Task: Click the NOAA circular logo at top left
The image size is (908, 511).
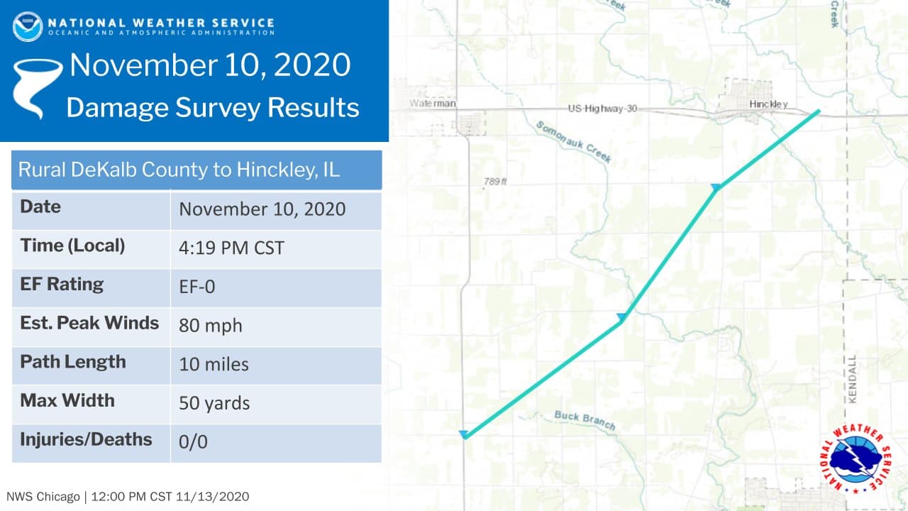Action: click(x=27, y=26)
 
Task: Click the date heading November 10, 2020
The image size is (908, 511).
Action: click(x=210, y=65)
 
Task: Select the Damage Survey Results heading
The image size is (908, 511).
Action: click(x=212, y=108)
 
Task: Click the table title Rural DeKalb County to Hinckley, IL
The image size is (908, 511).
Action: click(x=179, y=170)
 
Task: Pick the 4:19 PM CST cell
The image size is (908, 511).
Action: click(x=231, y=248)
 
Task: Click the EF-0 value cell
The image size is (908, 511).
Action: click(x=197, y=287)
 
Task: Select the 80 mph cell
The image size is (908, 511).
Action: click(x=211, y=326)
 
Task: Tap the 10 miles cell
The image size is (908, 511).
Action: click(x=214, y=364)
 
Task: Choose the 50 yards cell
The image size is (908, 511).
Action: click(x=214, y=403)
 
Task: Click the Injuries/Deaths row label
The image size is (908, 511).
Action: click(x=86, y=439)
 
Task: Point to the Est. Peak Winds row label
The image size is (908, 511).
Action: click(x=89, y=323)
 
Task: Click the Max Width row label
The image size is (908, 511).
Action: click(x=67, y=400)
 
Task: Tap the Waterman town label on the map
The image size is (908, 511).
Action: click(x=433, y=104)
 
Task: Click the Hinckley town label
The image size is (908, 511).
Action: click(x=768, y=104)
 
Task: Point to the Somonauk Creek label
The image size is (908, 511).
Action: click(x=573, y=142)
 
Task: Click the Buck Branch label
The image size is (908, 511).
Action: click(x=585, y=419)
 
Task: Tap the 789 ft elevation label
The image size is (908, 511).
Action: click(x=495, y=182)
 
